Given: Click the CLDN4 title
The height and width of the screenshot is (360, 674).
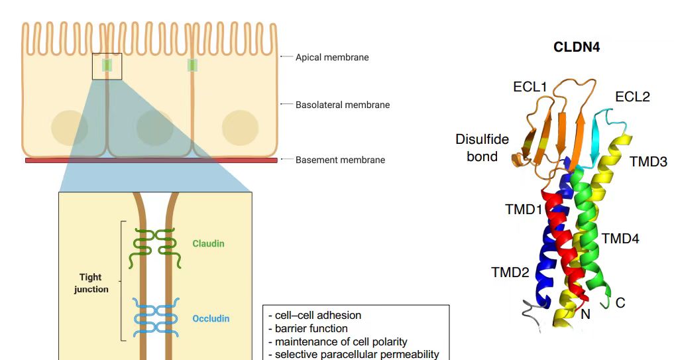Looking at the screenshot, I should [577, 47].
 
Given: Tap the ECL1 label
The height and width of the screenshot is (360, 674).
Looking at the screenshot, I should [530, 87].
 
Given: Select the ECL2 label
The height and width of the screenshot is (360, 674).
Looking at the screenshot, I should [632, 97].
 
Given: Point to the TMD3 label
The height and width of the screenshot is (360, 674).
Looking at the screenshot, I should [648, 161].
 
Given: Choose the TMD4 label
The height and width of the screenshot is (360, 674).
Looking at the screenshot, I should [620, 238].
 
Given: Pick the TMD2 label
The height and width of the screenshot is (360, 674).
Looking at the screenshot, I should [510, 272].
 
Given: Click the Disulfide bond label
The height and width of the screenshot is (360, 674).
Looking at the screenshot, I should [482, 147].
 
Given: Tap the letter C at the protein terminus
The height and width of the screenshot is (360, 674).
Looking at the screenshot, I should [620, 303].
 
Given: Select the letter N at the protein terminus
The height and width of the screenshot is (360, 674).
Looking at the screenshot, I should [585, 315].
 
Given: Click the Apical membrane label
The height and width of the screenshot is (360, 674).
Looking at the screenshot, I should [332, 57].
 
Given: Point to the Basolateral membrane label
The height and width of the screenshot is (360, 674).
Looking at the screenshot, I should [343, 105].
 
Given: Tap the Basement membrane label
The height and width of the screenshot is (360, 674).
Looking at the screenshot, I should [340, 160].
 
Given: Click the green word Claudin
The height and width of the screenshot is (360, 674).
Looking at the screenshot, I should [208, 243].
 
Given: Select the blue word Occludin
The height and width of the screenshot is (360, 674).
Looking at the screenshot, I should [211, 319].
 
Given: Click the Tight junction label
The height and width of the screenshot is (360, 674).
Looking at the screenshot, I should [90, 283].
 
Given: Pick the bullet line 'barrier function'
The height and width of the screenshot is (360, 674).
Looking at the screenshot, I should [310, 328].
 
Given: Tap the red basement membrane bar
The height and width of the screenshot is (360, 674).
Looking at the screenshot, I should [151, 160].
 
